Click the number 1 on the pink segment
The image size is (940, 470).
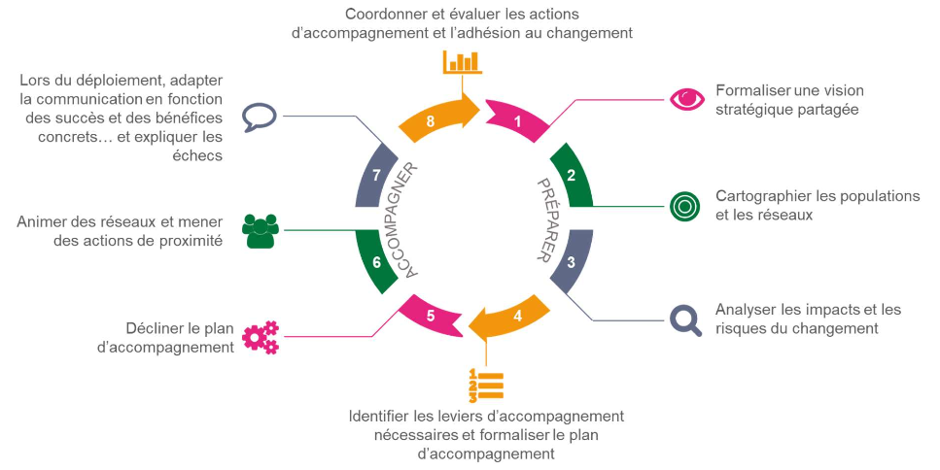tap(518, 121)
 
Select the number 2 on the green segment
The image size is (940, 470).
tap(572, 176)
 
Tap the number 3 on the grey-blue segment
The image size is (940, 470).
tap(571, 262)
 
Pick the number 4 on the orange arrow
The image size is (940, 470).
tap(517, 316)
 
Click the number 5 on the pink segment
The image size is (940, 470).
tap(431, 316)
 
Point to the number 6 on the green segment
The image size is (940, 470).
tap(376, 262)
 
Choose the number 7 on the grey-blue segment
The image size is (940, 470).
tap(376, 175)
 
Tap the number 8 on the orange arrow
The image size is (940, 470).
tap(431, 121)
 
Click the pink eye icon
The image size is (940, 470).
tap(687, 98)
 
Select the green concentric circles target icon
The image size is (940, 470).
tap(685, 205)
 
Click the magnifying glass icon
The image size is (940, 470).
tap(686, 319)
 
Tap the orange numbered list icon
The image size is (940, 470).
tap(485, 386)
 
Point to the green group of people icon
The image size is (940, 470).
tap(261, 230)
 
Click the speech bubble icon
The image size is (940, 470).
tap(260, 117)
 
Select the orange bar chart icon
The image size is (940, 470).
tap(463, 62)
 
